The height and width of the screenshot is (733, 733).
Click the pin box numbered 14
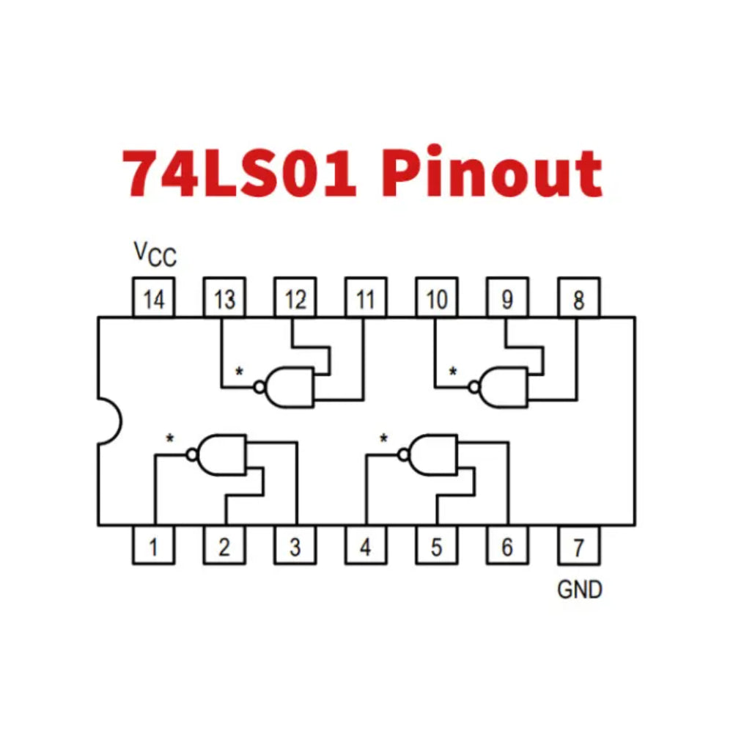pos(153,298)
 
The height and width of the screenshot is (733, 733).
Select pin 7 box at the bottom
pos(578,546)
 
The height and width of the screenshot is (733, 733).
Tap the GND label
pos(579,589)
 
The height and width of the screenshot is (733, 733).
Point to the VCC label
pos(155,254)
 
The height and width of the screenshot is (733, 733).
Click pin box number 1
pos(153,546)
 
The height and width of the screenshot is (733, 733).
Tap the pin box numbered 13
pos(224,298)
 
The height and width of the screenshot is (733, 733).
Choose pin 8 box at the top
pos(578,298)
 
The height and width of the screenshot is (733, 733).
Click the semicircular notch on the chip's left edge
pos(108,421)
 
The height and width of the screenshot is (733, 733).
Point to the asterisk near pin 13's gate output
pos(239,372)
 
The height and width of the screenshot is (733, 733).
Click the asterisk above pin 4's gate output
pos(383,439)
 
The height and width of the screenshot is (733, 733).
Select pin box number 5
pos(436,546)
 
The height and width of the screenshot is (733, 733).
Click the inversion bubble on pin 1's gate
pos(192,454)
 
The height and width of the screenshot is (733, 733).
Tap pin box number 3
pos(295,546)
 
